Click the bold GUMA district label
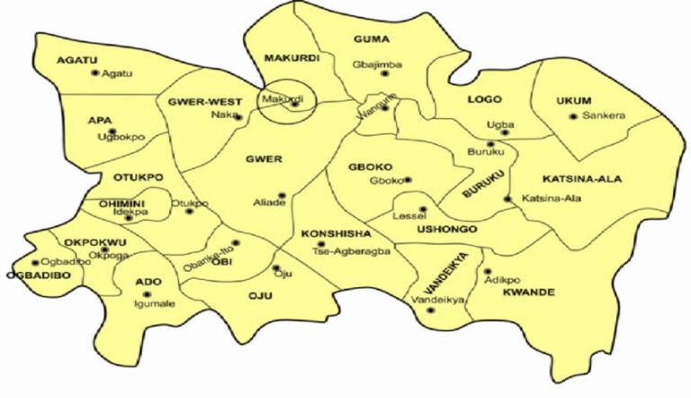tap(371, 40)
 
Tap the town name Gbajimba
tap(379, 64)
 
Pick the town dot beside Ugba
tap(505, 132)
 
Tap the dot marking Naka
tap(238, 116)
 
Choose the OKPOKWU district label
tap(94, 242)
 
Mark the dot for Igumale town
tap(148, 294)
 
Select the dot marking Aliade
tap(282, 194)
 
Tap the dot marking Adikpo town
tap(488, 270)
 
